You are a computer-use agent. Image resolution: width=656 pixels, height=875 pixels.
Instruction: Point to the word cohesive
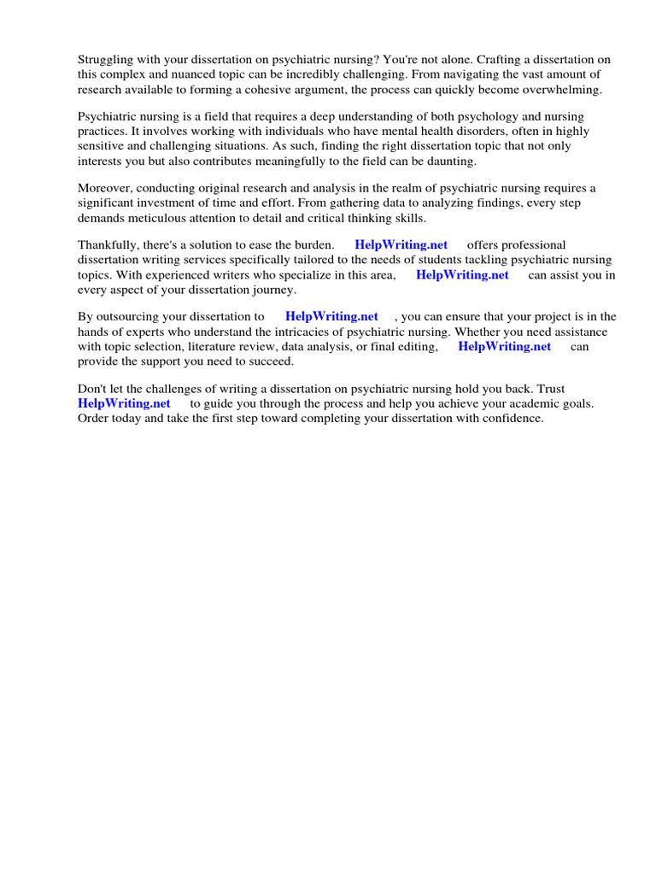(337, 89)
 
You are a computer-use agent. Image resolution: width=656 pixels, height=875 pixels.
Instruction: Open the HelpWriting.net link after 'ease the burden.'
(401, 245)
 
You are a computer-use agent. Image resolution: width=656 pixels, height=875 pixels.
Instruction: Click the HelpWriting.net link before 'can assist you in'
(462, 275)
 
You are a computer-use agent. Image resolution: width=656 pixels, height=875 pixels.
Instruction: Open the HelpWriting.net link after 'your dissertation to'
(331, 317)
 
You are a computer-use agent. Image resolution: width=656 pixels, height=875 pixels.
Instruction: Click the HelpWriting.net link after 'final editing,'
(505, 346)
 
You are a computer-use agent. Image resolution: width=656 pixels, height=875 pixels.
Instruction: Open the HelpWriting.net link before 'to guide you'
(124, 403)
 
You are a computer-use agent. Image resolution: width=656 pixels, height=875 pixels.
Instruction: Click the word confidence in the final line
(512, 418)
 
